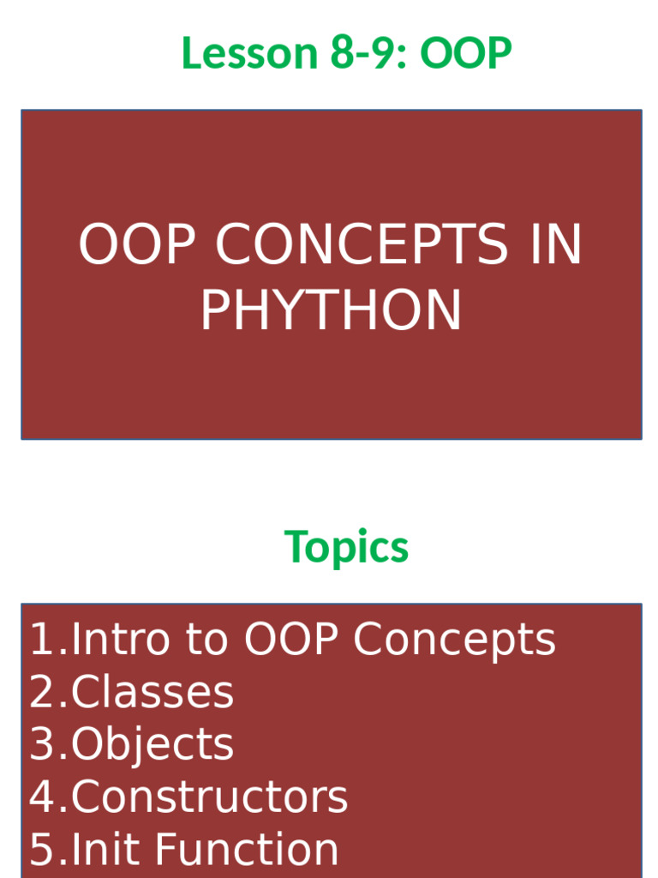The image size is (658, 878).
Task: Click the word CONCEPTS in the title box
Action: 361,244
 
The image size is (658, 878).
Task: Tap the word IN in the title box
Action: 555,244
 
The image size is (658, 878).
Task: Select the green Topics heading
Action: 346,547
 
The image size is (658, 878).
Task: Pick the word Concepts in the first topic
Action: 454,640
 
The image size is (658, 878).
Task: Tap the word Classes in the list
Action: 152,693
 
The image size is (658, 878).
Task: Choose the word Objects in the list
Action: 152,745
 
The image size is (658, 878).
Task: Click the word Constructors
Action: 209,797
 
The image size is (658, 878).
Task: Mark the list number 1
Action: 42,640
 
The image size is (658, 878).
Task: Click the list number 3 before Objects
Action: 42,745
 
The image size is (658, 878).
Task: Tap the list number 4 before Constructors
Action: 42,797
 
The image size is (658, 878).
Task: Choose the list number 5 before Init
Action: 42,850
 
